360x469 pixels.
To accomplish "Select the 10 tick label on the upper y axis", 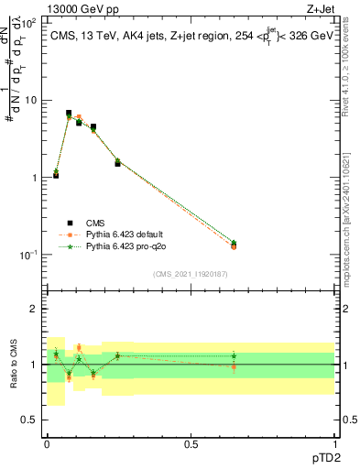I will pyautogui.click(x=30, y=100).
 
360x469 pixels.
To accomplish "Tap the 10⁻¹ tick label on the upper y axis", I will pyautogui.click(x=27, y=254).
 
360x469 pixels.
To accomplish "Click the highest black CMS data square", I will pyautogui.click(x=69, y=113).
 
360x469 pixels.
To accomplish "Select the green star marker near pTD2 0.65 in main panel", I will pyautogui.click(x=234, y=243).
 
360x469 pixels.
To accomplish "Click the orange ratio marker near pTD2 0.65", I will pyautogui.click(x=234, y=366).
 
